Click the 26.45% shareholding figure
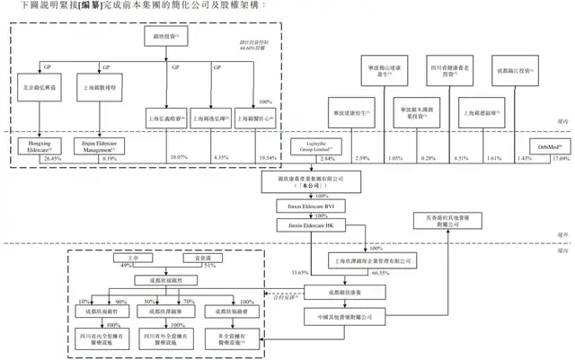[x=52, y=159]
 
